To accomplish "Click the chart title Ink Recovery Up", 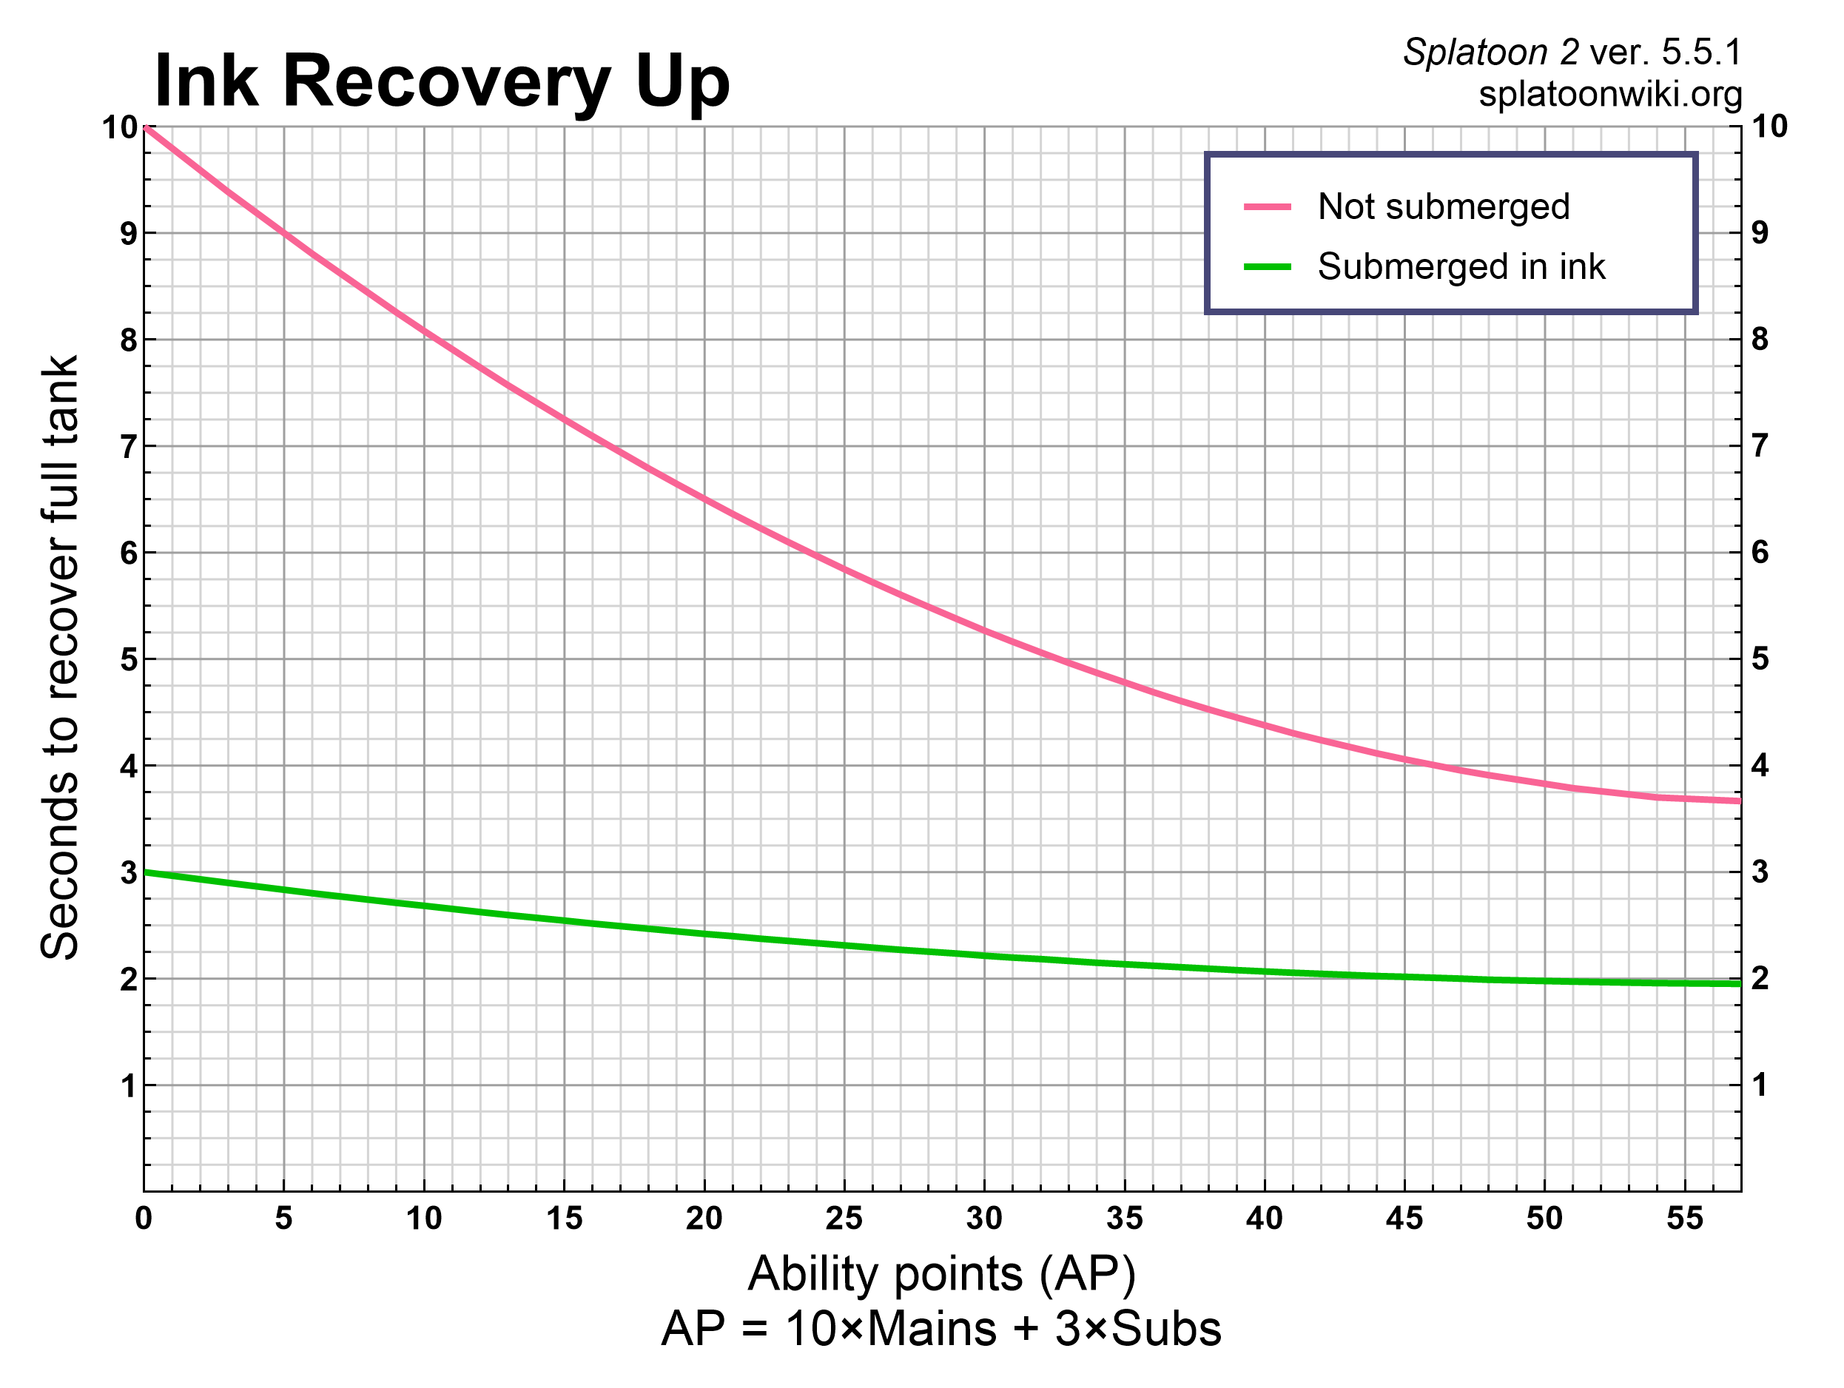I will tap(442, 81).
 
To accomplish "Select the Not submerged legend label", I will tap(1443, 206).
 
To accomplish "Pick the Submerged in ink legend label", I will tap(1461, 267).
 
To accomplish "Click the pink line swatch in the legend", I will tap(1267, 206).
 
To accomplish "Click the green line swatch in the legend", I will tap(1267, 267).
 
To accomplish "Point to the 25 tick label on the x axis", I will tap(844, 1219).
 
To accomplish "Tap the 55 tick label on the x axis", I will tap(1684, 1219).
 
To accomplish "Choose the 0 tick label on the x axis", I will tap(144, 1219).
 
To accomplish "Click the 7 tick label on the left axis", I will tap(128, 447).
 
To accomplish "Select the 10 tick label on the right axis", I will tap(1769, 127).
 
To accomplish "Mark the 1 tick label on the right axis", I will tap(1760, 1085).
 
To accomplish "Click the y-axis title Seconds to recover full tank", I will tap(60, 658).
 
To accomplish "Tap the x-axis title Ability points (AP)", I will tap(941, 1275).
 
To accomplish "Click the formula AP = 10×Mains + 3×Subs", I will tap(941, 1329).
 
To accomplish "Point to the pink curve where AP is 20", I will tap(704, 499).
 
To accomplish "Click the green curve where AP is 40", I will tap(1265, 971).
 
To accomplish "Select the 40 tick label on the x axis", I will tap(1264, 1219).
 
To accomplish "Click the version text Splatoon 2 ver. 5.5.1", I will tap(1572, 53).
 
